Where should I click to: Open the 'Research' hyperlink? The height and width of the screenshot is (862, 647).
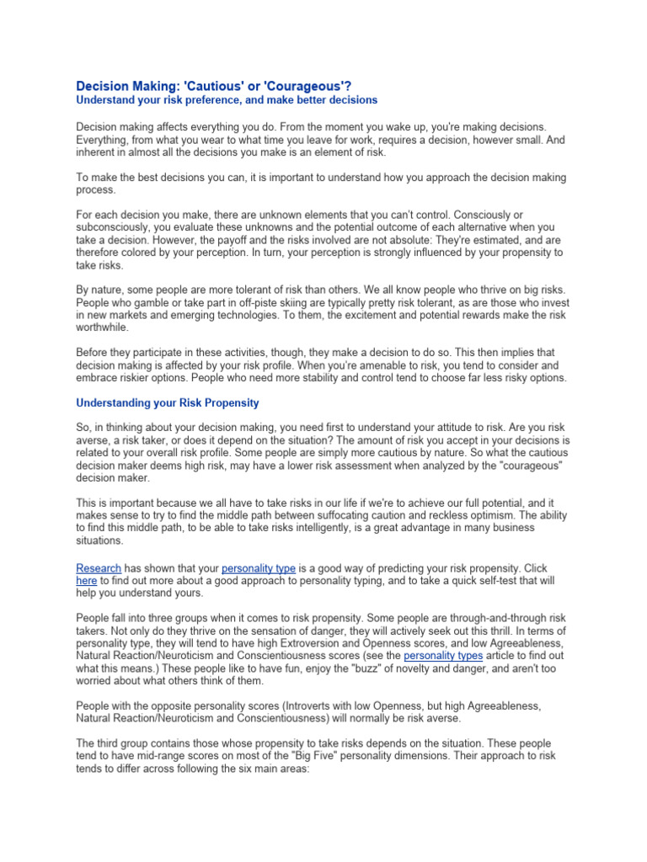point(99,568)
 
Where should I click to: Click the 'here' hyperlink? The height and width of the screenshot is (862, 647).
point(87,581)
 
